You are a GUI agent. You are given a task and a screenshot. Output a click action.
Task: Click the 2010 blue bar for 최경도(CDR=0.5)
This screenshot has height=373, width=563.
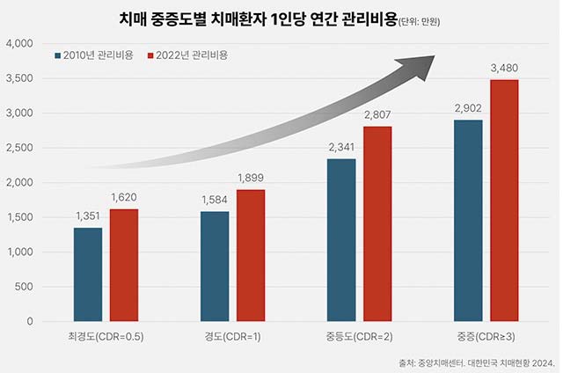pos(87,274)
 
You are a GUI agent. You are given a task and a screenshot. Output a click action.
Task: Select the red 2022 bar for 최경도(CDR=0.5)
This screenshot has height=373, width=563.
pos(124,265)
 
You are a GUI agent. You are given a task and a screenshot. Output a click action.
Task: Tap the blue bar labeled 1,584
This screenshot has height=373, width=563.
pos(215,267)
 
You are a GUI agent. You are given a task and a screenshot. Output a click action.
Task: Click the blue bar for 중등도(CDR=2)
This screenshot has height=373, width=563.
pos(341,240)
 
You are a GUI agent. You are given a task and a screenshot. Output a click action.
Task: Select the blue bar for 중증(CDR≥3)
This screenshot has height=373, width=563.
pos(468,221)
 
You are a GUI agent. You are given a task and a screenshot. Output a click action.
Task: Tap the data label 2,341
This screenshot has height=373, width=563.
pos(341,148)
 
